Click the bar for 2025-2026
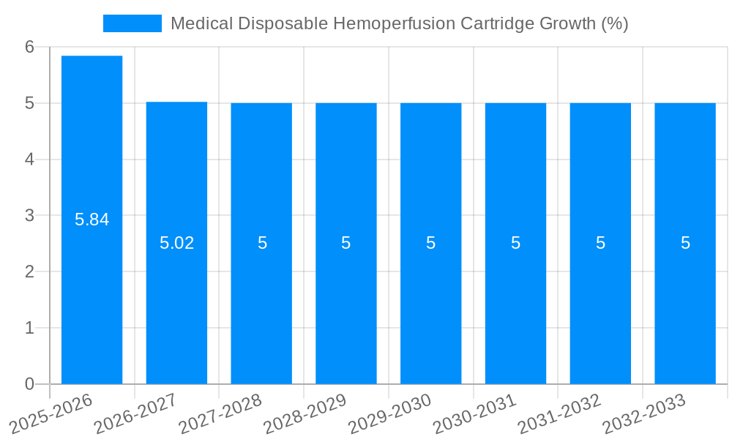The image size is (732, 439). pyautogui.click(x=91, y=219)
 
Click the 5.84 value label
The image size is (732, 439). pyautogui.click(x=91, y=219)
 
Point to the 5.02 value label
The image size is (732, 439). pyautogui.click(x=176, y=243)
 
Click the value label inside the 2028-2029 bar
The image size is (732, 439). pyautogui.click(x=346, y=243)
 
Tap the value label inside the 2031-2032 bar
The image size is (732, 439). pyautogui.click(x=600, y=243)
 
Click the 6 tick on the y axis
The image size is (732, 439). pyautogui.click(x=29, y=47)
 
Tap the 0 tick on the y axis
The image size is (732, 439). pyautogui.click(x=29, y=384)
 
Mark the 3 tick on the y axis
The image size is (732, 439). pyautogui.click(x=29, y=216)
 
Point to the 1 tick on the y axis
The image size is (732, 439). pyautogui.click(x=29, y=328)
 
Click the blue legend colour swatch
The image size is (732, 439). pyautogui.click(x=132, y=23)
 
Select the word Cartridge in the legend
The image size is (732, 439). pyautogui.click(x=498, y=23)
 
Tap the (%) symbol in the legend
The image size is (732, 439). pyautogui.click(x=614, y=23)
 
